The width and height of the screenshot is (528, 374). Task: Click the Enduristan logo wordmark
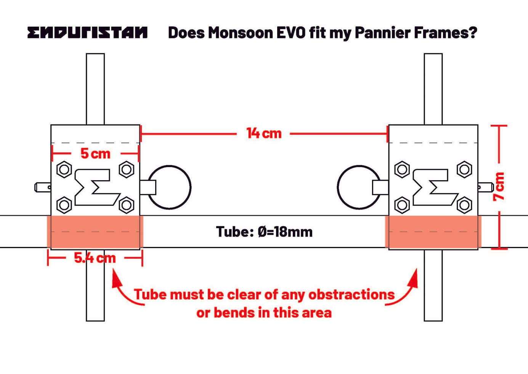tap(87, 32)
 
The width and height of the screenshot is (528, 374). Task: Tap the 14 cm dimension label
tap(264, 133)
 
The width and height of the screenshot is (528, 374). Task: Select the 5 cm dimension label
tap(95, 154)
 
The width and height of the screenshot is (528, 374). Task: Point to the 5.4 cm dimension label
tap(95, 258)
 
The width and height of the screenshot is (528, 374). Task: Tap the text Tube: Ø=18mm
tap(264, 232)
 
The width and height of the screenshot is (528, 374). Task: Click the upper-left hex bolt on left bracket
tap(64, 169)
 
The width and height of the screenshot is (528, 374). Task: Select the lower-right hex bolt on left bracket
tap(127, 205)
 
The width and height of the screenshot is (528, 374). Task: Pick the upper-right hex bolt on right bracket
tap(464, 169)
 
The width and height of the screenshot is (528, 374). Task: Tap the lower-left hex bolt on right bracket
tap(402, 205)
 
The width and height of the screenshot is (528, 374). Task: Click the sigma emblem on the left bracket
tap(97, 187)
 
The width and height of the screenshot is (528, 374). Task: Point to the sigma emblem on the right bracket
tap(435, 187)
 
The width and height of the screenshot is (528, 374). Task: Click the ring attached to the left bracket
tap(169, 187)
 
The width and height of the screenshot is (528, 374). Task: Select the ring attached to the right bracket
tap(359, 187)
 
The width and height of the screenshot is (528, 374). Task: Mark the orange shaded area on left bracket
tap(95, 232)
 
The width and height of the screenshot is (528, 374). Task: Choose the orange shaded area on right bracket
tap(433, 232)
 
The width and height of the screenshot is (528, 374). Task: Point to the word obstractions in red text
tap(351, 295)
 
